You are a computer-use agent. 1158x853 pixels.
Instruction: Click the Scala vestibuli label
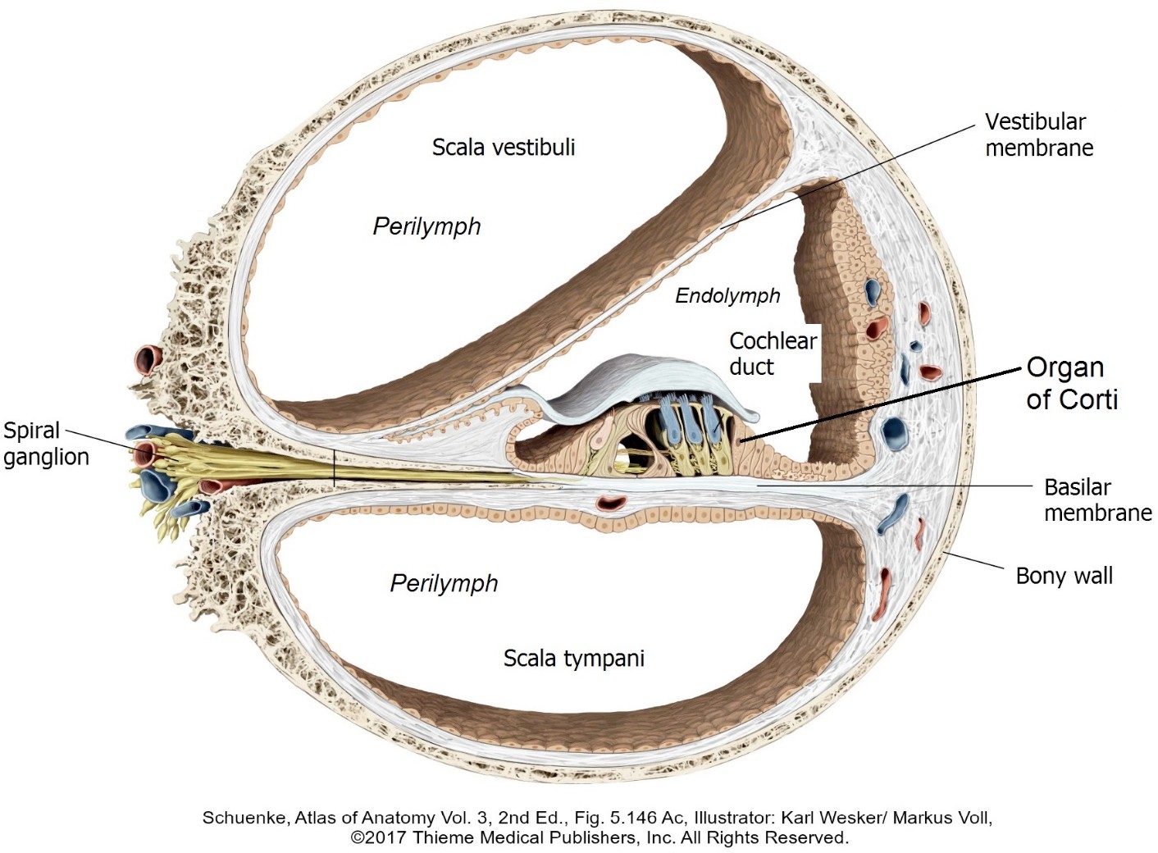coord(504,148)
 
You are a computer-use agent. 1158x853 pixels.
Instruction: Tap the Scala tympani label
coord(573,658)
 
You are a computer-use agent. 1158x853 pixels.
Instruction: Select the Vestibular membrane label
coord(1038,135)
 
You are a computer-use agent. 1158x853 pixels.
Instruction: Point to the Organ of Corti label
coord(1071,383)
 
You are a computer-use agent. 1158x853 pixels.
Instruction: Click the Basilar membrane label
coord(1096,499)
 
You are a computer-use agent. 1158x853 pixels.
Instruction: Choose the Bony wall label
coord(1064,576)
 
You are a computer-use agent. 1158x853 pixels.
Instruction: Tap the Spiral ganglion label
coord(45,443)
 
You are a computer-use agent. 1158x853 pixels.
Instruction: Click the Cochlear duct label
coord(772,354)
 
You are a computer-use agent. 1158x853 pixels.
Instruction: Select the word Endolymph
coord(727,296)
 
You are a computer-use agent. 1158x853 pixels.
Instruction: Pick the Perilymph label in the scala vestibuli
coord(426,226)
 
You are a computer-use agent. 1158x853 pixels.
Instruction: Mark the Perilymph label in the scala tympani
coord(444,583)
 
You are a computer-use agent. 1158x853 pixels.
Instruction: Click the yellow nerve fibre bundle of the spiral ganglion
coord(246,463)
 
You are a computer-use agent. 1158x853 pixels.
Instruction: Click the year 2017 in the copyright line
coord(387,838)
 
